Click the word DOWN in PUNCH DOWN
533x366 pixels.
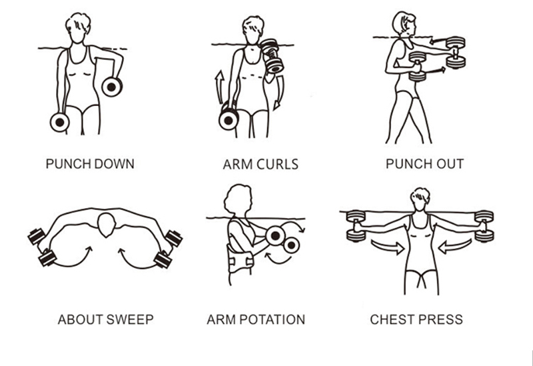pyautogui.click(x=114, y=164)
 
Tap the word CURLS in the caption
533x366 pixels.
pyautogui.click(x=277, y=165)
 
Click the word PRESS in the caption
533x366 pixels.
pyautogui.click(x=440, y=319)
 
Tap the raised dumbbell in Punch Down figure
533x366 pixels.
pyautogui.click(x=112, y=87)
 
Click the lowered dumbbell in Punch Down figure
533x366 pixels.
pyautogui.click(x=59, y=122)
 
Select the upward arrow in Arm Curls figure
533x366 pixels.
pyautogui.click(x=219, y=87)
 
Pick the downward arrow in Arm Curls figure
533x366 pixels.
pyautogui.click(x=279, y=93)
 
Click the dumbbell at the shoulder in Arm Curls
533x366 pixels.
pyautogui.click(x=272, y=56)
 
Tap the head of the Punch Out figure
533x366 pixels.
pyautogui.click(x=404, y=23)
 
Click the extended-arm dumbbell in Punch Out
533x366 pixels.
pyautogui.click(x=455, y=53)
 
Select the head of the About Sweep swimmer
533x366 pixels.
pyautogui.click(x=107, y=225)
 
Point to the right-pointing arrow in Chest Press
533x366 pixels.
pyautogui.click(x=387, y=247)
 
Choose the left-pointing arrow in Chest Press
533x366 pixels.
pyautogui.click(x=455, y=247)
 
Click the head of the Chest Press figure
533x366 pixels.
pyautogui.click(x=420, y=199)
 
